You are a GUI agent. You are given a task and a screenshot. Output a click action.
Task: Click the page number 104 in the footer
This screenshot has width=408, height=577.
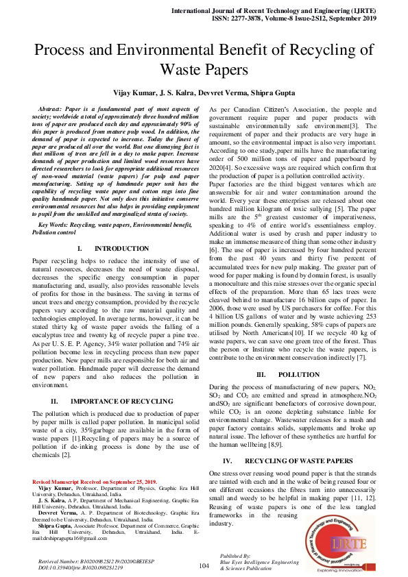click(204, 566)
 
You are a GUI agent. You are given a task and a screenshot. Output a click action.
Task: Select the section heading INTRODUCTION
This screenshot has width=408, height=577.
click(121, 248)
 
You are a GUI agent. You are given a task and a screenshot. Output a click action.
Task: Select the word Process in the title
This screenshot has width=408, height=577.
click(64, 50)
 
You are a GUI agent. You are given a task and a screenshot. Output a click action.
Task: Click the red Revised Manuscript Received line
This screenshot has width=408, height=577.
click(95, 482)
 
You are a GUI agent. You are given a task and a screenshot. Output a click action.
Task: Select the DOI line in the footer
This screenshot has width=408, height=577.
click(77, 568)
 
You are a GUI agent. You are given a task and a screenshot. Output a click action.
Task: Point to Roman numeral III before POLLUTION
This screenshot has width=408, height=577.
click(261, 375)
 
